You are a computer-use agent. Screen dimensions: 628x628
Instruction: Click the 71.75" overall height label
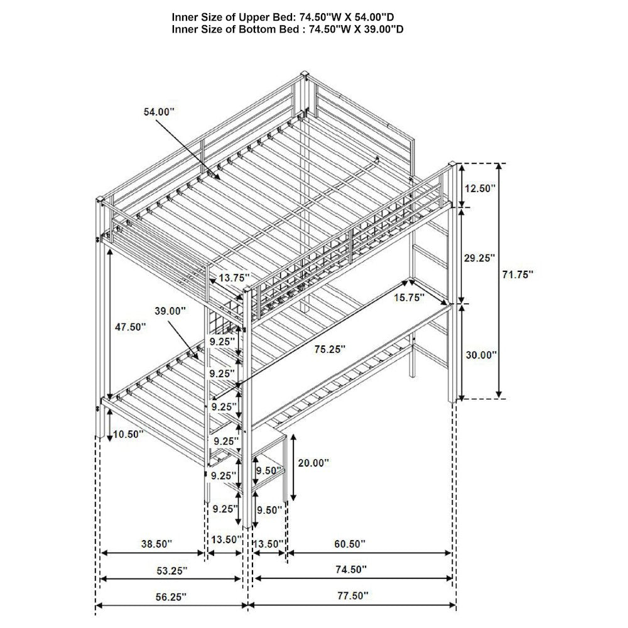(x=518, y=274)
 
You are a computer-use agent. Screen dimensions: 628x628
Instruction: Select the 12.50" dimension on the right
(x=480, y=188)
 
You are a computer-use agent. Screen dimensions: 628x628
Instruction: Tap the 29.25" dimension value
(x=480, y=258)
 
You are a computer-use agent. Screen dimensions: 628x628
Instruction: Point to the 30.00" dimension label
(x=481, y=354)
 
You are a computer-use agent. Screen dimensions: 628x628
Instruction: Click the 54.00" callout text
(x=160, y=112)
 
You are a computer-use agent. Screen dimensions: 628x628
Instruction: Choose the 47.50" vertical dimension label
(x=131, y=327)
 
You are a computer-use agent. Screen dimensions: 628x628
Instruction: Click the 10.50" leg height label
(x=128, y=434)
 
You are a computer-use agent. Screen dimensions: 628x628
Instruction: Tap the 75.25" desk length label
(x=330, y=349)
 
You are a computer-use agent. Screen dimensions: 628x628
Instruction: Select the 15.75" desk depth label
(x=409, y=297)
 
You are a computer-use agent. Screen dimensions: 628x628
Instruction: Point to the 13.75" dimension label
(x=234, y=277)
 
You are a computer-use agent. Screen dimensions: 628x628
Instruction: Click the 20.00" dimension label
(x=313, y=463)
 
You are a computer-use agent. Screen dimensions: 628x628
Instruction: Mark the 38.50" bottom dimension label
(x=156, y=544)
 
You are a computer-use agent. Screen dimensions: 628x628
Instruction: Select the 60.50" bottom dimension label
(x=350, y=544)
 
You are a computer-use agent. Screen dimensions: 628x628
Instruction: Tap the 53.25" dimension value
(x=172, y=570)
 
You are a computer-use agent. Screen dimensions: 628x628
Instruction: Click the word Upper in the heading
(x=254, y=18)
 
